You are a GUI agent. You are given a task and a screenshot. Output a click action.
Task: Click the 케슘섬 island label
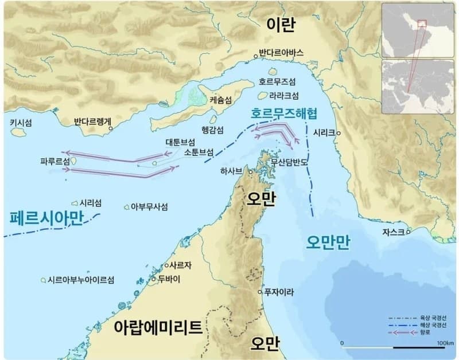pos(221,99)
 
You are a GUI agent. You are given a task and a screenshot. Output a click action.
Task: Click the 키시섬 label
pos(21,122)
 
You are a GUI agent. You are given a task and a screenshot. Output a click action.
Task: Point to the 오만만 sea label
pos(327,241)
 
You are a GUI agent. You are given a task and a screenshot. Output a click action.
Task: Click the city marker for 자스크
pos(409,232)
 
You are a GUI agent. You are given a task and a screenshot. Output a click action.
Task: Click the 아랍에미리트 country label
pos(158,328)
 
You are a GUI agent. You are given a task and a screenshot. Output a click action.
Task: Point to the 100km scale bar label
pos(445,343)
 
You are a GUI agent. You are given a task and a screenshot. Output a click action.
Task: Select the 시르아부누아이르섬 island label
pos(81,280)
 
